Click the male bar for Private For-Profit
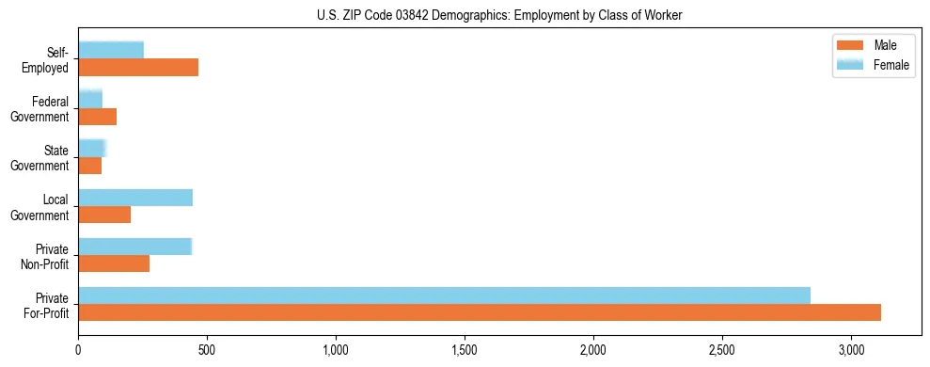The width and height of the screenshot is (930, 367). click(x=480, y=312)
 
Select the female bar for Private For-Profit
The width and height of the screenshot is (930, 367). click(x=444, y=295)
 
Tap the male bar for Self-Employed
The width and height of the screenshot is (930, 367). click(x=138, y=68)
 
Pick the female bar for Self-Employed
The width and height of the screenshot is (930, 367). click(x=111, y=50)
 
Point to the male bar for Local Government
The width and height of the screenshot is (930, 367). click(x=104, y=215)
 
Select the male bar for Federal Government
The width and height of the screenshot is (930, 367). click(x=97, y=117)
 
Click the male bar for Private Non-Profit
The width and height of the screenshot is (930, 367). click(x=114, y=263)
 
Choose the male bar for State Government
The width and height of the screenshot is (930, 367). click(x=89, y=166)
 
